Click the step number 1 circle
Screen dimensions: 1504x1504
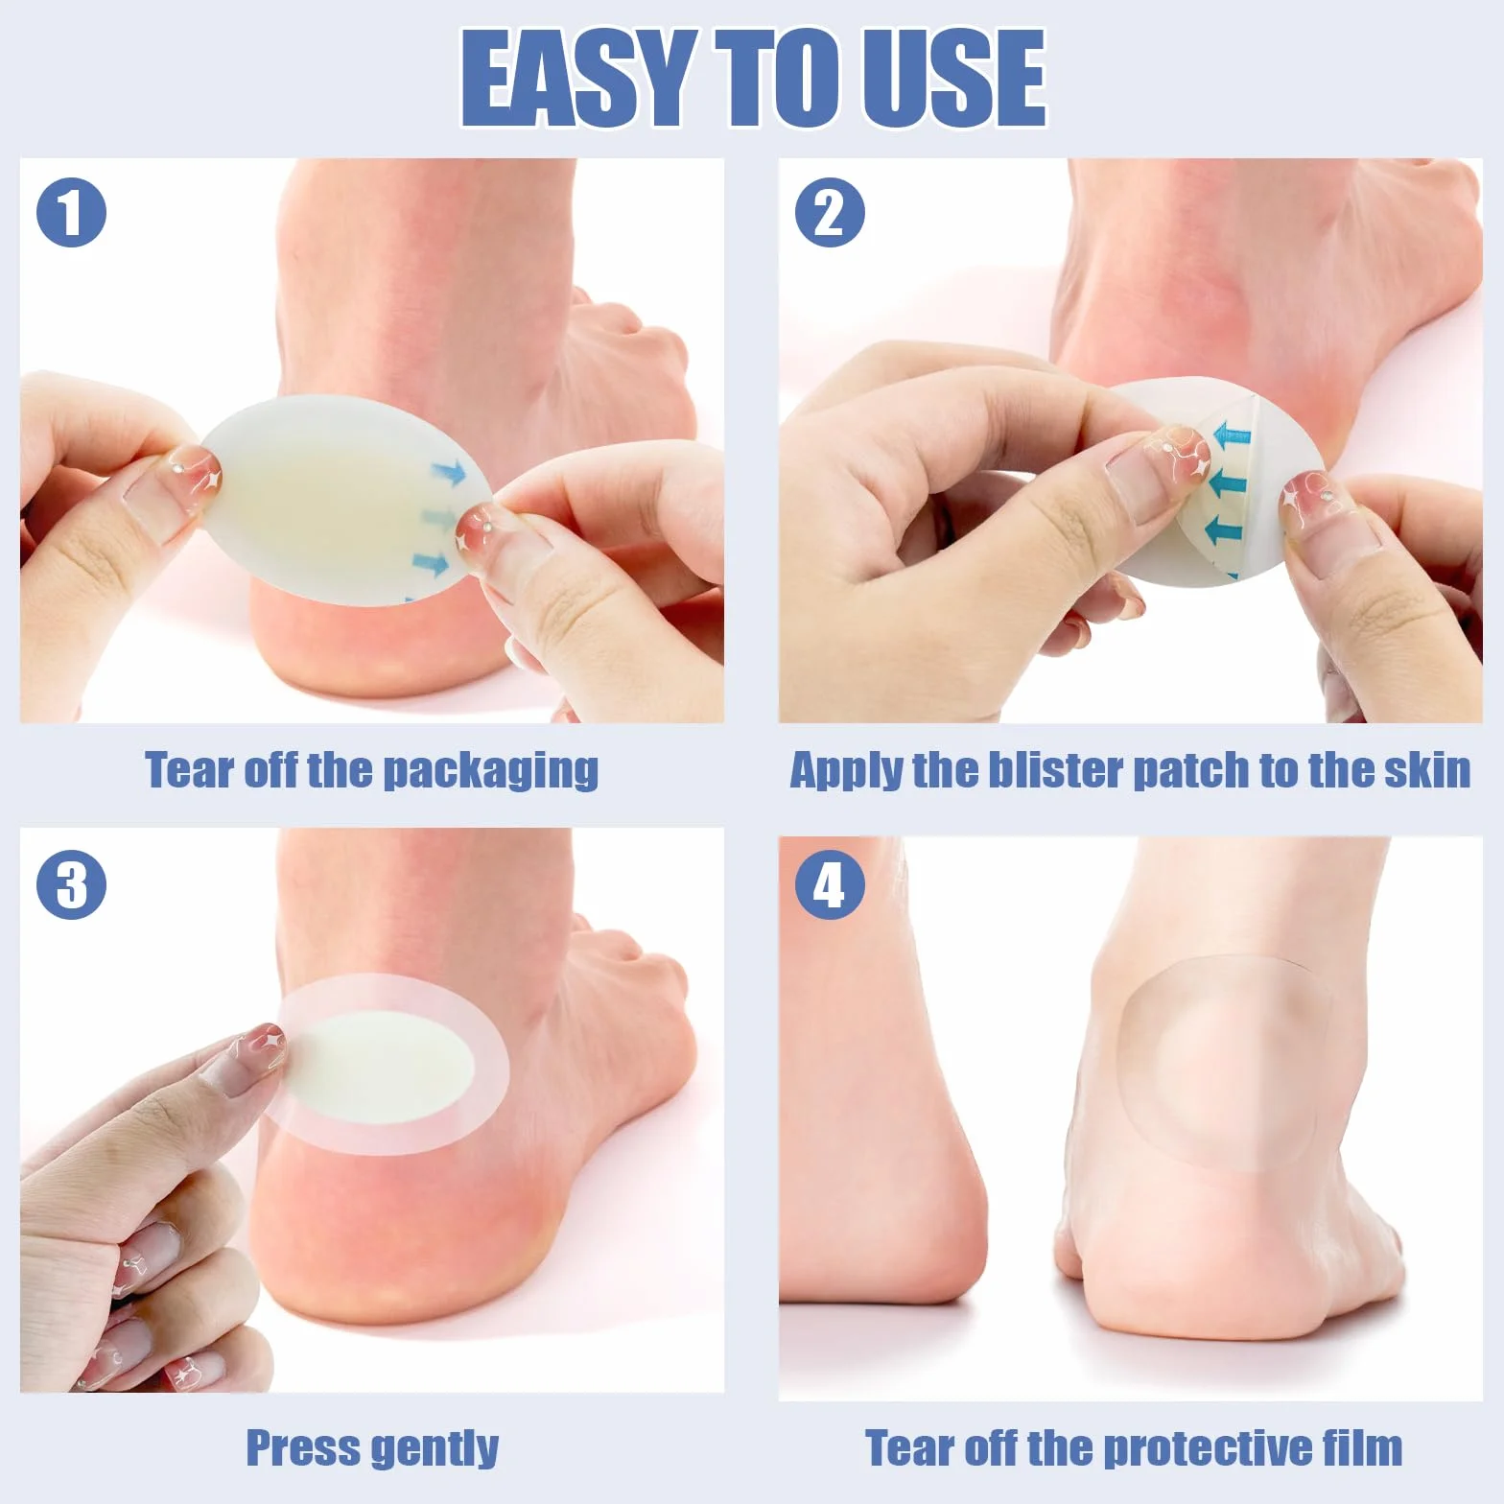[x=71, y=213]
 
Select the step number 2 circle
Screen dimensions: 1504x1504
[x=830, y=213]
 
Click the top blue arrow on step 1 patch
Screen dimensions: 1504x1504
[x=448, y=470]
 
